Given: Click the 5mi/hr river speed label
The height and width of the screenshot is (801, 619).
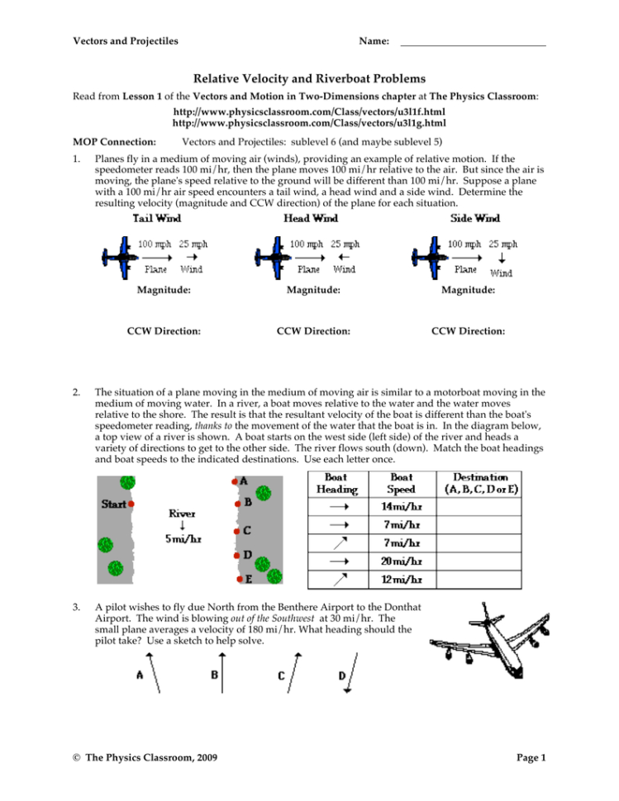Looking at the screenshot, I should click(183, 539).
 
